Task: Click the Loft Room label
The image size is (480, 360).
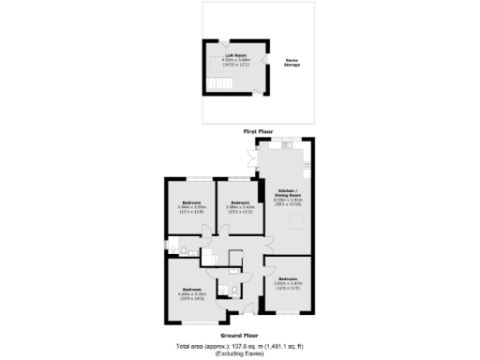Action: (234, 55)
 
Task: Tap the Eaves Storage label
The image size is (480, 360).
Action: (292, 64)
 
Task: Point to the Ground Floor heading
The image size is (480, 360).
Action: (239, 335)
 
